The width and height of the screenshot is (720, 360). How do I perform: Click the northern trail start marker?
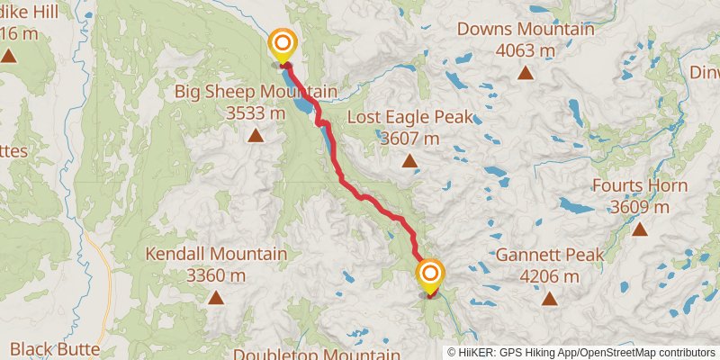[283, 43]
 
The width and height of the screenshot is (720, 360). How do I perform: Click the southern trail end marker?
[430, 274]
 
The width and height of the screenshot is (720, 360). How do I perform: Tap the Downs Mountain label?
[526, 29]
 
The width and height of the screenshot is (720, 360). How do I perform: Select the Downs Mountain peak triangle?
[526, 73]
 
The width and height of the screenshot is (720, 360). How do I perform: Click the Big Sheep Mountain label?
[256, 92]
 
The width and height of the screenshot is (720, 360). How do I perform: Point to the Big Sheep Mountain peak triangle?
[256, 137]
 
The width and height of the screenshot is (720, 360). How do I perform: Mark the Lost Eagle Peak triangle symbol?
[409, 162]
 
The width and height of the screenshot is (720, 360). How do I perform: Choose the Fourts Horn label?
[640, 185]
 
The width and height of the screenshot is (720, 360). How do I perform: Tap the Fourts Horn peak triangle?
[640, 229]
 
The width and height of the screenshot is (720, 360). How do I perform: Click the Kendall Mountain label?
[216, 254]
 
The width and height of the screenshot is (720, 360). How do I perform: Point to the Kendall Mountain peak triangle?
[216, 297]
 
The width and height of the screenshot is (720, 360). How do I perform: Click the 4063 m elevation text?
[526, 50]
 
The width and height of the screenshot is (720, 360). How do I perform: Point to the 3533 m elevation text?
[256, 113]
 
